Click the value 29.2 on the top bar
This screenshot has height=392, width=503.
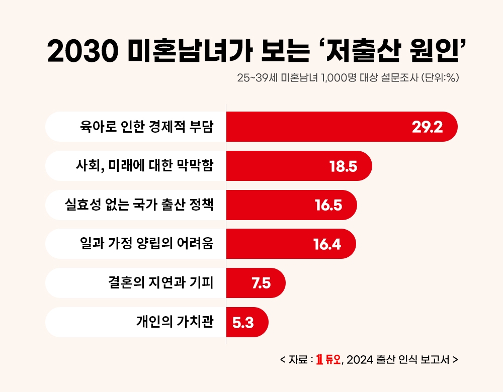(427, 127)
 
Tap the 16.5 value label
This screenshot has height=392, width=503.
(328, 205)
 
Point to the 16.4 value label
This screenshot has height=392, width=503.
(327, 244)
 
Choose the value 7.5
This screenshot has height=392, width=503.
(261, 283)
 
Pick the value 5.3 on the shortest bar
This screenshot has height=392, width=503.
(243, 323)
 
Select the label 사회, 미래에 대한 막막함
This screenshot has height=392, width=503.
(144, 165)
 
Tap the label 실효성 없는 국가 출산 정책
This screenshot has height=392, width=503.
(139, 205)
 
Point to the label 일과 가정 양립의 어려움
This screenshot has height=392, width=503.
(147, 244)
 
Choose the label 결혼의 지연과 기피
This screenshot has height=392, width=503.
(160, 283)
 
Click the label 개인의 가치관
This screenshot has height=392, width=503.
(175, 322)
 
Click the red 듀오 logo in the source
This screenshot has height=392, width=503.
(328, 359)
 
